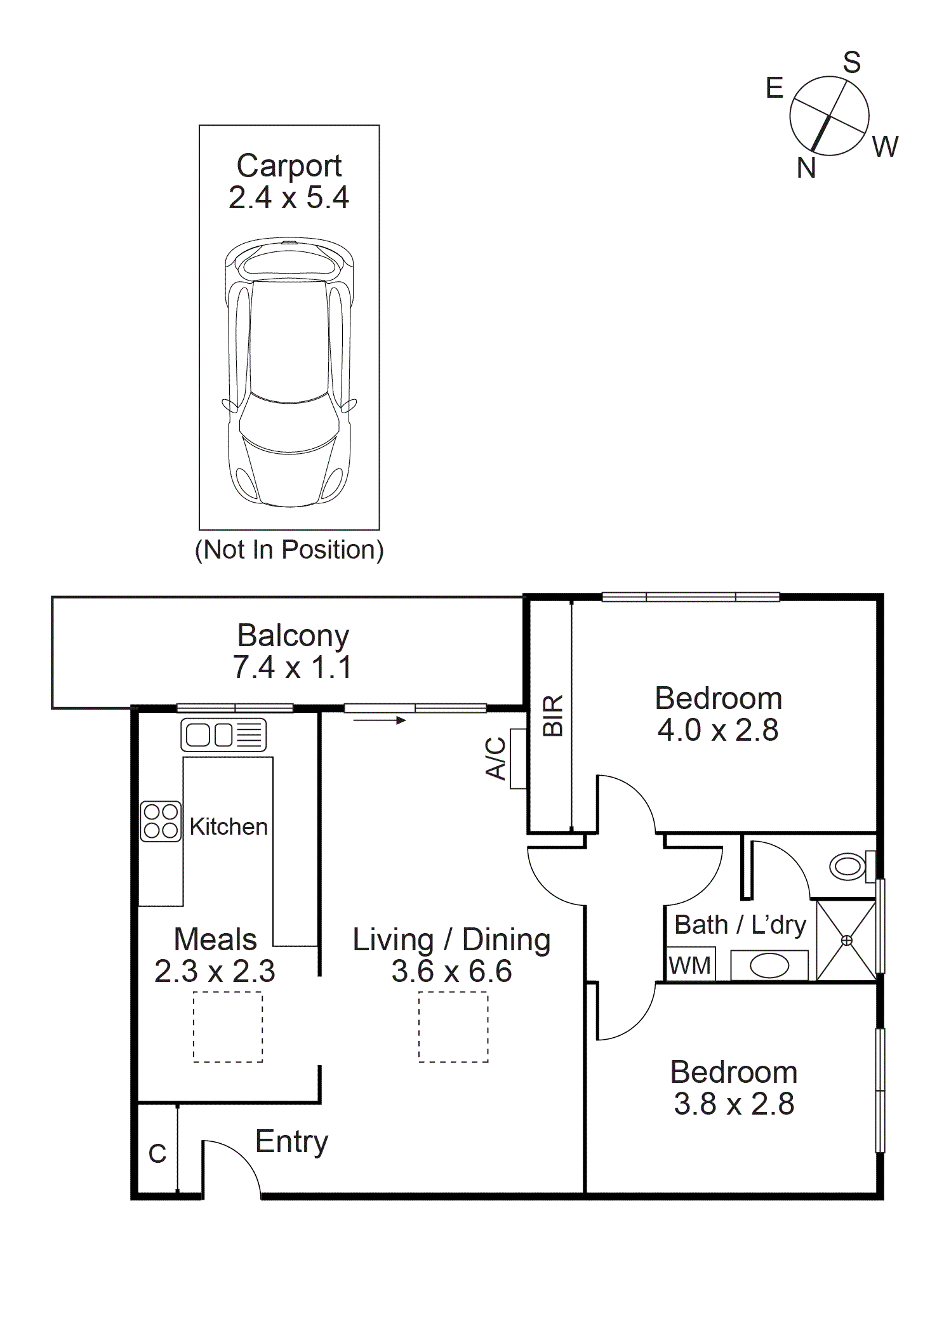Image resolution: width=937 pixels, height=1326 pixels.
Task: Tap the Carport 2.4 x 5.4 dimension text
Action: [289, 197]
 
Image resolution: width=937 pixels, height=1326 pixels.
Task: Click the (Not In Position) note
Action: [289, 550]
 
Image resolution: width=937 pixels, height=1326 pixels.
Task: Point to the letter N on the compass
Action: [806, 168]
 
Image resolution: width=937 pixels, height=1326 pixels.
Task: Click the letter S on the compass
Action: [852, 63]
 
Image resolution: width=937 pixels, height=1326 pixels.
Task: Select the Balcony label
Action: [293, 635]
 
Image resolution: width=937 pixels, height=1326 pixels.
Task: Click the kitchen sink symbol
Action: [223, 735]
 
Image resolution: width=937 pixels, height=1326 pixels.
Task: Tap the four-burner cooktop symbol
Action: [161, 821]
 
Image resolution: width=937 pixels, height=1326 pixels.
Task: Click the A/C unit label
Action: [496, 758]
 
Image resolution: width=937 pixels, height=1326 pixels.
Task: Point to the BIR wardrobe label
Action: [553, 715]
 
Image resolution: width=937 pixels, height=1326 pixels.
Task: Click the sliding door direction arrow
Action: [380, 720]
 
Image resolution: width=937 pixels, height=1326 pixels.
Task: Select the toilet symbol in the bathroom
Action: [849, 866]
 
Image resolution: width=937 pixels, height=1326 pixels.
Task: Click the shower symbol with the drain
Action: [846, 940]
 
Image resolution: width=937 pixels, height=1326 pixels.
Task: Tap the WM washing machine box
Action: [690, 965]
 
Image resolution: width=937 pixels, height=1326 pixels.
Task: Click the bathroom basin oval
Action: [769, 966]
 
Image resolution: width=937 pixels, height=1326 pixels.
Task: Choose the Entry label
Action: [291, 1141]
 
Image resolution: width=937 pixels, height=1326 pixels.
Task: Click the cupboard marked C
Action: [157, 1153]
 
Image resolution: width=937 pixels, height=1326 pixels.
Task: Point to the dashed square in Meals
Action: [228, 1027]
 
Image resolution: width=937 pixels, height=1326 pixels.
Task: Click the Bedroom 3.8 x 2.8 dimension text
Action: [734, 1104]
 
